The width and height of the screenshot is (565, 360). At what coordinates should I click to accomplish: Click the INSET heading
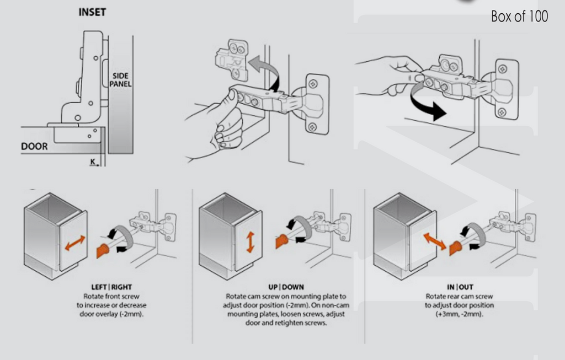coord(92,12)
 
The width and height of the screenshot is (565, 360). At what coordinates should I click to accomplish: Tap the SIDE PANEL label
coord(120,80)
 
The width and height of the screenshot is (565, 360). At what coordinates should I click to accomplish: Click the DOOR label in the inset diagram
coord(34,147)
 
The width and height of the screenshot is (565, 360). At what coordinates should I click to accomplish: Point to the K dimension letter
coord(93,162)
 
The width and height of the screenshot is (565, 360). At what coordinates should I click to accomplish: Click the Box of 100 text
coord(519,17)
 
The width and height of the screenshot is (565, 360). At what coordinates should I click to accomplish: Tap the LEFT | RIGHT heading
coord(111,287)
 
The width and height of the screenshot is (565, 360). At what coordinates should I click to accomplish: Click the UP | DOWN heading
coord(286,287)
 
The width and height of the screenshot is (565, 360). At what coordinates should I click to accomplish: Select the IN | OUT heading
coord(460,287)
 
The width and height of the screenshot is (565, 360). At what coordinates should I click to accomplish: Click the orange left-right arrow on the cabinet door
coord(75,243)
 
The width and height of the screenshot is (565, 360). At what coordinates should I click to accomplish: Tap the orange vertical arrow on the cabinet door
coord(250,242)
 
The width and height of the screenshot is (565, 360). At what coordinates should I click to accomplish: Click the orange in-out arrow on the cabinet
coord(434,241)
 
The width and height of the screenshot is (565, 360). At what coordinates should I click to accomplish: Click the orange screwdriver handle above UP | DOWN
coord(282,241)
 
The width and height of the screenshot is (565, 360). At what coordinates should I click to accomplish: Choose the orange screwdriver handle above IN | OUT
coord(456,248)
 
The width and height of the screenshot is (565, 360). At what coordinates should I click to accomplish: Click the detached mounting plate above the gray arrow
coord(232,59)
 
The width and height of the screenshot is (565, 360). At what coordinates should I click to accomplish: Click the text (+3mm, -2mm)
coord(460,314)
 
